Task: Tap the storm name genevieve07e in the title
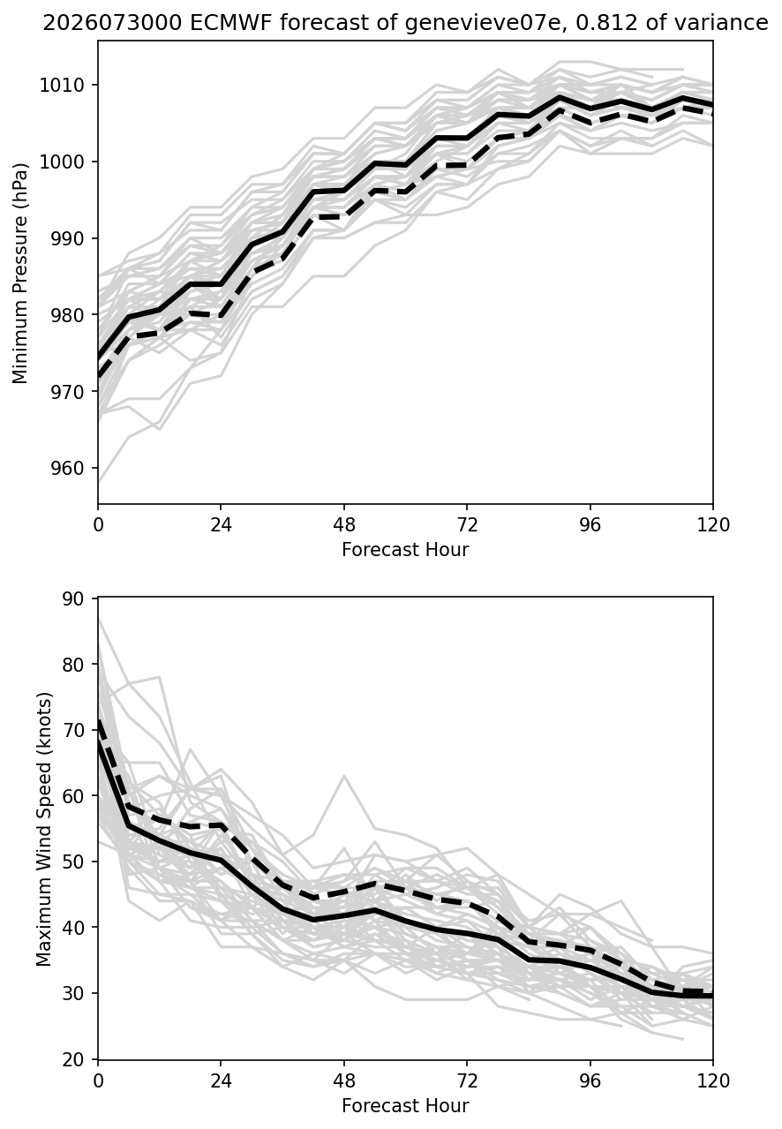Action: [483, 23]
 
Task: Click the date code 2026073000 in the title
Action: [112, 23]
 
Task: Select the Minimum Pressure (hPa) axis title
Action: [19, 273]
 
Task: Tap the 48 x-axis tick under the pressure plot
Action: [343, 525]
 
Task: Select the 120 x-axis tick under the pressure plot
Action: [713, 525]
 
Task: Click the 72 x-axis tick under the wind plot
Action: [467, 1081]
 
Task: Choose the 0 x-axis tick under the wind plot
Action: [98, 1081]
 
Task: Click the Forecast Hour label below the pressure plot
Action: [405, 549]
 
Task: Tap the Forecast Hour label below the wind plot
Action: [405, 1106]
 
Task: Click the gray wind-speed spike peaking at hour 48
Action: [343, 776]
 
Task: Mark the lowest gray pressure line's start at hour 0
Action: [98, 482]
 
